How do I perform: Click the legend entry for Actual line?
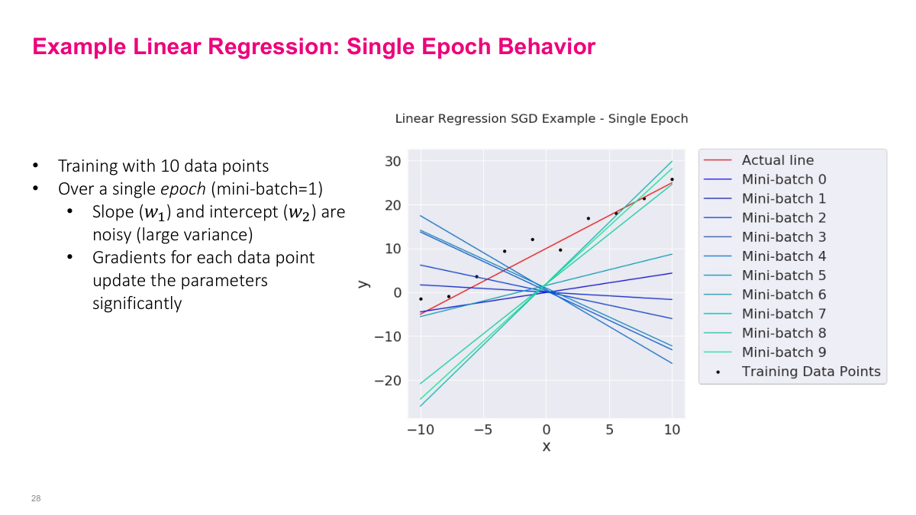click(777, 160)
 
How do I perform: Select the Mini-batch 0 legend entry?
click(783, 179)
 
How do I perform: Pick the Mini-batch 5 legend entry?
click(783, 275)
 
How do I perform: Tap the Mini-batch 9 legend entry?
click(783, 352)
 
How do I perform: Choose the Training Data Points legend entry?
click(811, 372)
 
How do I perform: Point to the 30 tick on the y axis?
click(392, 161)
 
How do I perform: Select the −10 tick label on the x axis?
click(420, 430)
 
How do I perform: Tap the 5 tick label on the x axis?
click(609, 430)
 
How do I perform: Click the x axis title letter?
click(546, 446)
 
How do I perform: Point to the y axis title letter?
click(365, 284)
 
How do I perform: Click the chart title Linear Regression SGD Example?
click(541, 119)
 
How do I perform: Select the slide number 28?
click(36, 498)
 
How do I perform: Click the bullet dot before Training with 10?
click(34, 166)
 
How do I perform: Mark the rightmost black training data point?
click(672, 179)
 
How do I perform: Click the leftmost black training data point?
click(421, 299)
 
